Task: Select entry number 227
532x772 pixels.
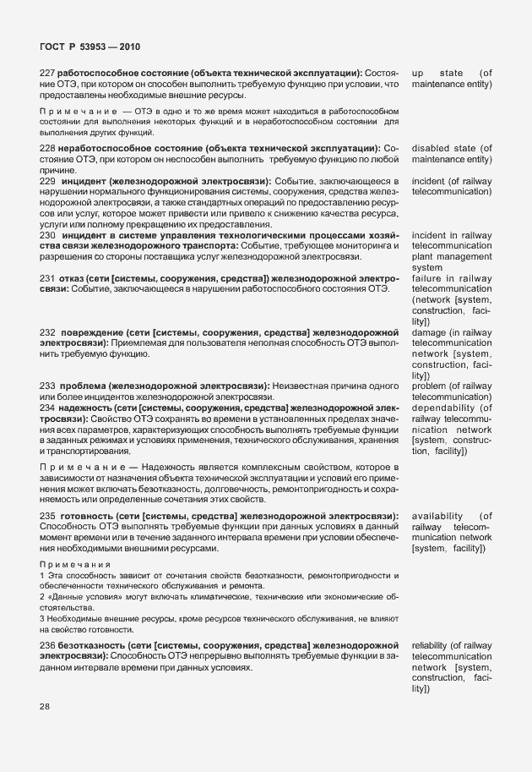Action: tap(48, 74)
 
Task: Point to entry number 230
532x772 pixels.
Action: tap(48, 235)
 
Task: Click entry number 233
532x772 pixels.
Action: tap(48, 386)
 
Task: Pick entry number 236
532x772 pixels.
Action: tap(48, 646)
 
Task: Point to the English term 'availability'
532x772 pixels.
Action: tap(437, 515)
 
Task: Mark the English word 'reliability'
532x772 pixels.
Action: tap(430, 646)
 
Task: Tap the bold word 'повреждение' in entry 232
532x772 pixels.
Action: tap(93, 332)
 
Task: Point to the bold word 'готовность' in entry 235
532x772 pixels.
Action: tap(90, 515)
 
